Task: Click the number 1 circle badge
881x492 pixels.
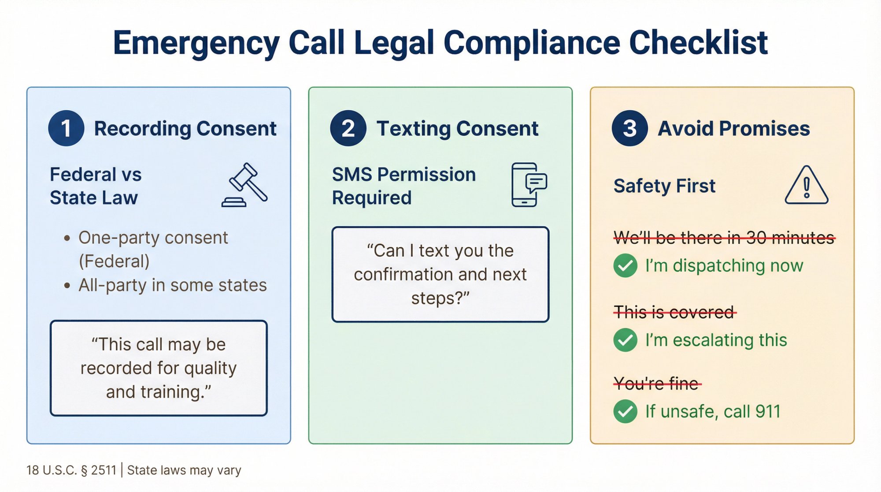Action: coord(66,128)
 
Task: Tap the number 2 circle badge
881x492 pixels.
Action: coord(348,128)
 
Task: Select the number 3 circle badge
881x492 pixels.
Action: coord(629,128)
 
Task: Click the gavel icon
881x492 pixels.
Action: coord(245,185)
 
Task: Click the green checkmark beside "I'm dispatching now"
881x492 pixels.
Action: coord(625,266)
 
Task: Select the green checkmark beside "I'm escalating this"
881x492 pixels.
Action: coord(625,340)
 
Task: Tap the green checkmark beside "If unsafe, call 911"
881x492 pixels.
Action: coord(625,411)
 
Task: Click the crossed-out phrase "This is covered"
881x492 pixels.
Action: coord(674,313)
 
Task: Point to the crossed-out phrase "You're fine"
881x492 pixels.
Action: coord(657,384)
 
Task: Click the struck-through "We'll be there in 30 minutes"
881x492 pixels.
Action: coord(724,238)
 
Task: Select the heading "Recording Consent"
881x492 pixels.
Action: coord(185,129)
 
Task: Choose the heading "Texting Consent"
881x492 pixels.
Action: coord(457,129)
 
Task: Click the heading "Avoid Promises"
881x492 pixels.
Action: coord(733,129)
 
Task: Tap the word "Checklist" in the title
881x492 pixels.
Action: coord(698,43)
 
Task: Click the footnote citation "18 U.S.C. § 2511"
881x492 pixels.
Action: coord(71,470)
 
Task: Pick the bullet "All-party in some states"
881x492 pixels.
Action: coord(172,285)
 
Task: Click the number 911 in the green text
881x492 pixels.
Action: coord(768,412)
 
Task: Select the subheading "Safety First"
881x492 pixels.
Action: coord(664,186)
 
